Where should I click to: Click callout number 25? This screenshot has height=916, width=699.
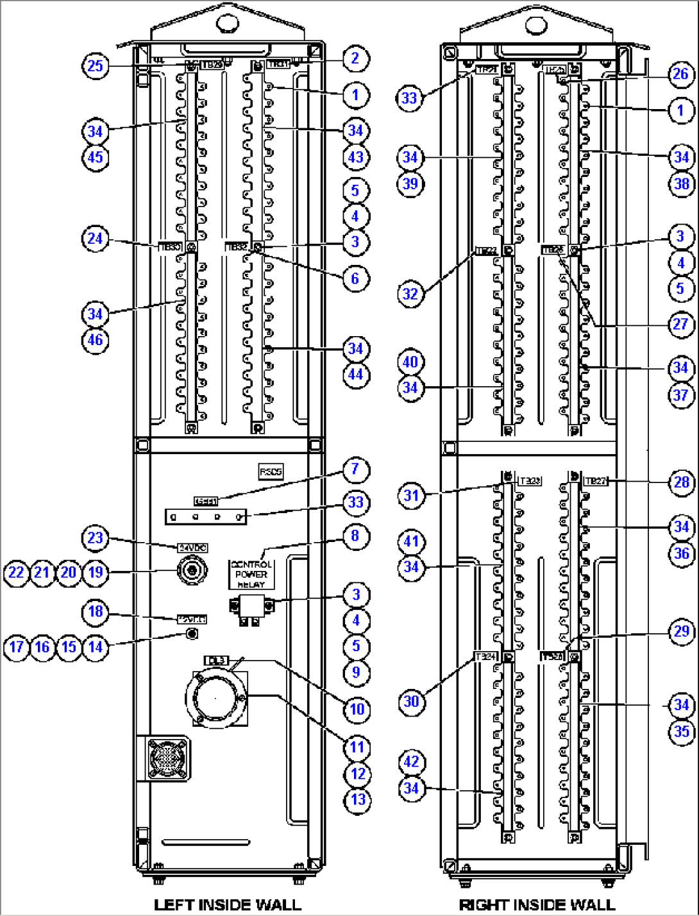click(x=95, y=65)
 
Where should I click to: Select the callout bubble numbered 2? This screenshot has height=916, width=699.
click(x=355, y=58)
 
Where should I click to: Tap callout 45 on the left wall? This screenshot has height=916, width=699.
click(x=95, y=157)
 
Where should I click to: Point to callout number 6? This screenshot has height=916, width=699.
click(x=355, y=278)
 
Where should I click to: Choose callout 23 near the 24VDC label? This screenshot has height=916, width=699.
click(x=95, y=538)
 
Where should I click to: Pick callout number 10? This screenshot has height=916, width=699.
click(x=357, y=709)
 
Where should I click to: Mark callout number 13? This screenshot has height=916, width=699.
click(x=357, y=799)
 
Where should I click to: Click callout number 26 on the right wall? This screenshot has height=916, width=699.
click(x=680, y=74)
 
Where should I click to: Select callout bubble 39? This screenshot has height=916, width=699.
click(x=410, y=183)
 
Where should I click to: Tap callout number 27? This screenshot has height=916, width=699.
click(x=680, y=324)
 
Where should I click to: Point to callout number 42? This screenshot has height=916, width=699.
click(x=411, y=762)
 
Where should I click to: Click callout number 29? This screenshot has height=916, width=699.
click(x=681, y=632)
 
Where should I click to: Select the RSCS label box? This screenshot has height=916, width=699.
click(x=271, y=472)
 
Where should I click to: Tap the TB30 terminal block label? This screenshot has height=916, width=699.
click(x=169, y=247)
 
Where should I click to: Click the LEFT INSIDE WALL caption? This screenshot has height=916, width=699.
click(x=227, y=904)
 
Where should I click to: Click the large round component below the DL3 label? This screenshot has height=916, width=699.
click(x=216, y=697)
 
